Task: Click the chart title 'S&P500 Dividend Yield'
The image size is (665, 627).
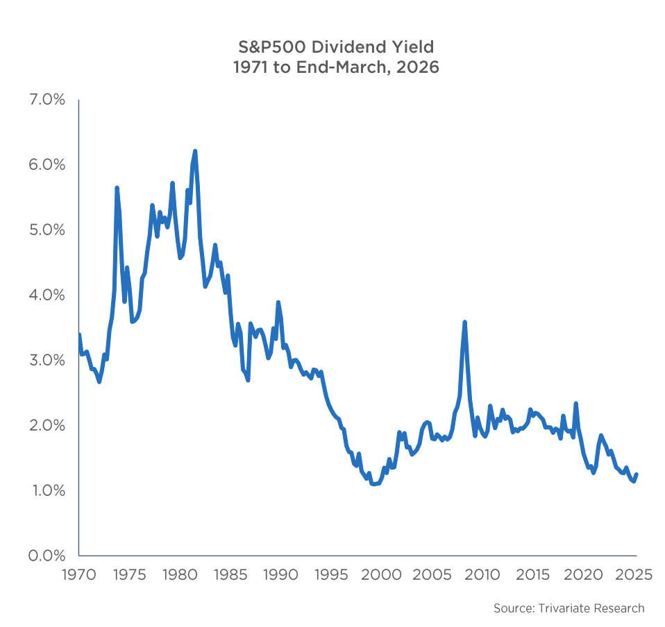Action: pyautogui.click(x=335, y=47)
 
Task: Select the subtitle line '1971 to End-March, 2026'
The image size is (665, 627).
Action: pyautogui.click(x=335, y=68)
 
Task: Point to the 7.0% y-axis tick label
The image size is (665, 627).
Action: pyautogui.click(x=46, y=100)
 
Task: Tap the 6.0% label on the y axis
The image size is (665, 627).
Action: pyautogui.click(x=46, y=165)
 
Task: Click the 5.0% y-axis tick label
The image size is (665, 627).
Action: pyautogui.click(x=46, y=230)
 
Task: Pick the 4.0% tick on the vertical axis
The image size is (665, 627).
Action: pyautogui.click(x=46, y=295)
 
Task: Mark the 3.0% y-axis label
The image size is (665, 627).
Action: pyautogui.click(x=46, y=361)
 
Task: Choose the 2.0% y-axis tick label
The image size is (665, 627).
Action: pyautogui.click(x=46, y=425)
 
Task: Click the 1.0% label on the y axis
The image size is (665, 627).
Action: pyautogui.click(x=46, y=490)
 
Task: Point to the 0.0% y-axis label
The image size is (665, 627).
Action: pyautogui.click(x=46, y=556)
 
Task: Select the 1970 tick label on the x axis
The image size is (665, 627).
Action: pyautogui.click(x=78, y=575)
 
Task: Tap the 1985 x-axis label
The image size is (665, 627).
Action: pyautogui.click(x=230, y=575)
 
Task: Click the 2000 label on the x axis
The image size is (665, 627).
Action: pyautogui.click(x=382, y=575)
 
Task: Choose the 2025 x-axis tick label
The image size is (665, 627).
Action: pyautogui.click(x=634, y=575)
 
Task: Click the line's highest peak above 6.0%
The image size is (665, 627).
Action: pyautogui.click(x=195, y=151)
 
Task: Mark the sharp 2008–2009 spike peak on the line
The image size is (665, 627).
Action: pyautogui.click(x=464, y=322)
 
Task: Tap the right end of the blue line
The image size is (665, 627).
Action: pyautogui.click(x=637, y=474)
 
